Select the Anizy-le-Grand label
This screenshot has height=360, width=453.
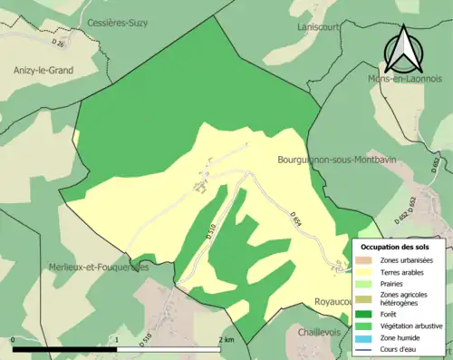pyautogui.click(x=43, y=69)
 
